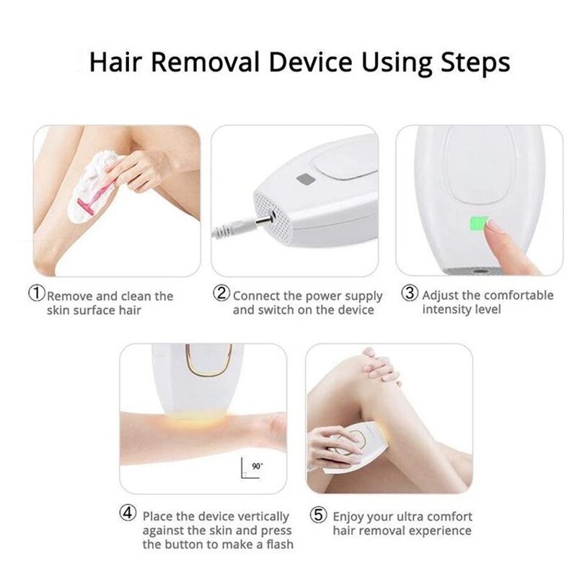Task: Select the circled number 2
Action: coord(221,294)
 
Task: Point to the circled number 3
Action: coord(410,294)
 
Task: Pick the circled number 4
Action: coord(127,515)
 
